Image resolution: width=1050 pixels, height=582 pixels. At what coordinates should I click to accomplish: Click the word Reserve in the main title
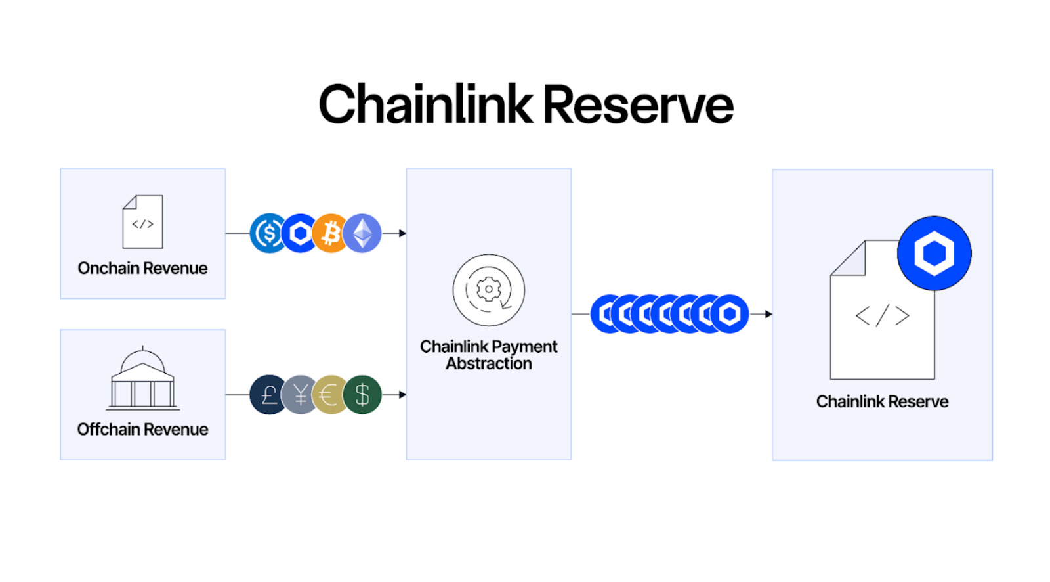pos(638,105)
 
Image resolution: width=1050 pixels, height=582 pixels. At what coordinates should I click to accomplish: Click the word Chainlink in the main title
pos(425,105)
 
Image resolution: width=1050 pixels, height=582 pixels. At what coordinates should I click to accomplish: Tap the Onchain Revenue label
pos(142,268)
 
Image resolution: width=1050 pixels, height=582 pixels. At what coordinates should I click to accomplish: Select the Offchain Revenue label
pos(142,429)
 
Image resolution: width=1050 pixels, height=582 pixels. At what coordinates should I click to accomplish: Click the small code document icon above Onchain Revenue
pos(143,222)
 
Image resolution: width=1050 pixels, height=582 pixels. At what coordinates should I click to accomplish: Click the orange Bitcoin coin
pos(330,233)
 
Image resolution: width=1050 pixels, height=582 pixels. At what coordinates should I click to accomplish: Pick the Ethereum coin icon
pos(363,233)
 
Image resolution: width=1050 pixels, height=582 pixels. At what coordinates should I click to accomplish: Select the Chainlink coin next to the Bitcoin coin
pos(299,233)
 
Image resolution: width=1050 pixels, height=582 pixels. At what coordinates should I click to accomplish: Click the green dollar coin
pos(362,395)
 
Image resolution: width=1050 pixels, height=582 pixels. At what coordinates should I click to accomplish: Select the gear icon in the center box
pos(489,290)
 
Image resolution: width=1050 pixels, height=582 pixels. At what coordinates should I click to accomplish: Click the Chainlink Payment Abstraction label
pos(489,355)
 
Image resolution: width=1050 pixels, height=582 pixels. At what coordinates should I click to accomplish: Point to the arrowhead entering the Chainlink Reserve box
pos(768,314)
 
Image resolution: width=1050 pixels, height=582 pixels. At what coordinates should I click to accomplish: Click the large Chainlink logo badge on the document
pos(934,253)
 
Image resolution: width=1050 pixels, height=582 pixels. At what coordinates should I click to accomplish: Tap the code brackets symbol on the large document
pos(882,316)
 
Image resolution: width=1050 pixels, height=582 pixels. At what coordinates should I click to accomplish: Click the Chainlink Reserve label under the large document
pos(882,401)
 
